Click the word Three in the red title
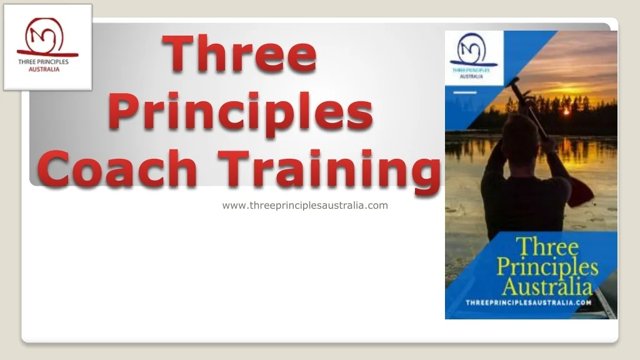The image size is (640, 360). (239, 54)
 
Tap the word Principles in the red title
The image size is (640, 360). (241, 112)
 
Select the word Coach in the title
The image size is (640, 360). (118, 168)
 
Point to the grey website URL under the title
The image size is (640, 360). (305, 205)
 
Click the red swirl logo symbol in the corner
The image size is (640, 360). (46, 37)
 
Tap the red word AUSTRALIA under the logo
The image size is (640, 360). (44, 69)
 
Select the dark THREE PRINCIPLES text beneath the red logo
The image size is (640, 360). (43, 62)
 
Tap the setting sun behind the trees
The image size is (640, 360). (566, 111)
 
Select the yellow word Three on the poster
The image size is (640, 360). (547, 246)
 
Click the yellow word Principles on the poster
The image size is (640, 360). (547, 267)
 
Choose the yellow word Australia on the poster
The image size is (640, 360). (547, 286)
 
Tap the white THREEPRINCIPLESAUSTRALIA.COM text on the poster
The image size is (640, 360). (529, 303)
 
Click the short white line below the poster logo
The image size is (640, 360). (465, 92)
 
